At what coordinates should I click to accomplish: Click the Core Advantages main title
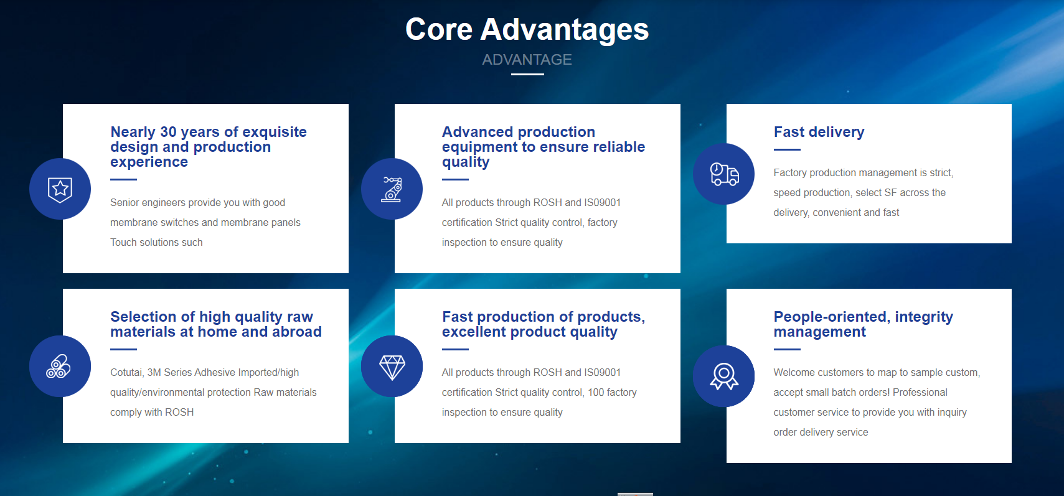point(527,29)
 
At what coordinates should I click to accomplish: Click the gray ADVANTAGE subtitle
point(527,60)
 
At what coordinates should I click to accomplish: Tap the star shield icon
point(60,189)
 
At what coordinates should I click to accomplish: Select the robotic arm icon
point(392,189)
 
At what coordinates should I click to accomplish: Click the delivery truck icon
point(724,174)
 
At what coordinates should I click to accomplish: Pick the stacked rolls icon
point(59,367)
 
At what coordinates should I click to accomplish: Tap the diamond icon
point(392,367)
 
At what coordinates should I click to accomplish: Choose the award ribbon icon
point(724,377)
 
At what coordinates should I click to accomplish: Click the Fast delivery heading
point(819,132)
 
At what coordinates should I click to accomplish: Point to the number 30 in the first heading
point(169,132)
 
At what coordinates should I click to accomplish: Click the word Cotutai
point(126,373)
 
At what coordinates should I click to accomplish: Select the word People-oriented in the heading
point(832,317)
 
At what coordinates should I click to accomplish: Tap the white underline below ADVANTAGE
point(527,75)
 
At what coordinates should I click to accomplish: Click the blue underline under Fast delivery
point(787,149)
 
